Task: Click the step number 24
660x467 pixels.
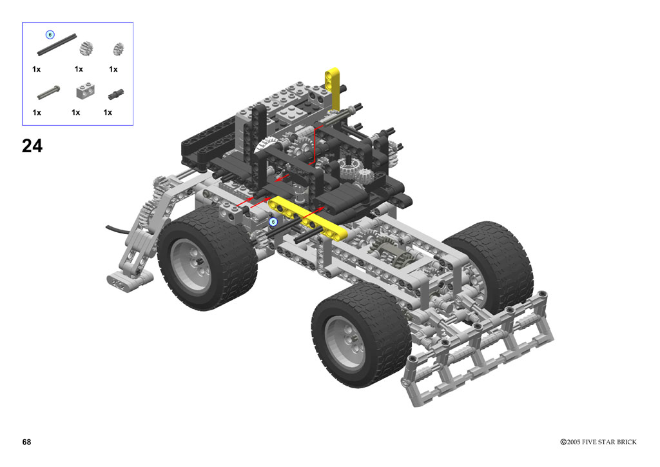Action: (32, 146)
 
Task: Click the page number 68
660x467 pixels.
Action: (26, 442)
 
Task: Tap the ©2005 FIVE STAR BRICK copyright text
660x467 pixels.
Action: (598, 442)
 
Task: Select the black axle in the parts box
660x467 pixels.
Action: (57, 45)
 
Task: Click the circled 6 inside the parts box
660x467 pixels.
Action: (50, 35)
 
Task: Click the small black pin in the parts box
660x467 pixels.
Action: (116, 94)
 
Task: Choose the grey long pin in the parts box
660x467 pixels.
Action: (48, 93)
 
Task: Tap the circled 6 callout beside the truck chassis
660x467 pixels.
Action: (273, 221)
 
